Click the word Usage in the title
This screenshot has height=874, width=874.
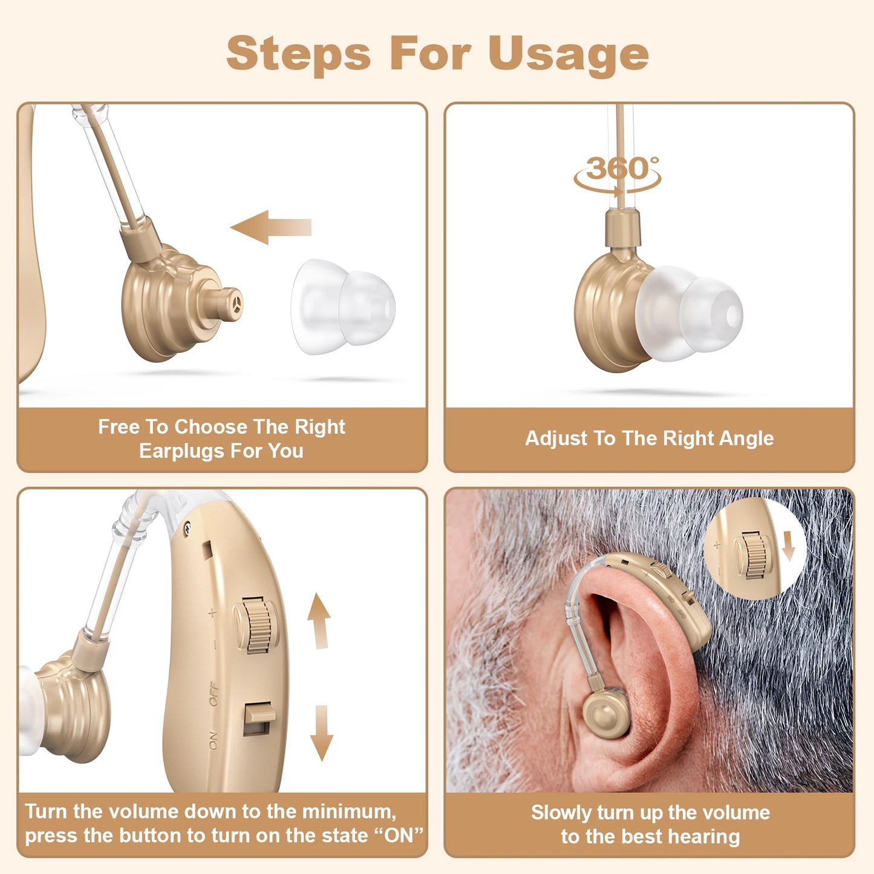pyautogui.click(x=568, y=54)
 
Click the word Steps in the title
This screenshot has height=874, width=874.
pyautogui.click(x=298, y=53)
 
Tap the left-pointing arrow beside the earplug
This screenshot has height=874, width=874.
pyautogui.click(x=270, y=227)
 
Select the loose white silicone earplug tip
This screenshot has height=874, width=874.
pyautogui.click(x=342, y=307)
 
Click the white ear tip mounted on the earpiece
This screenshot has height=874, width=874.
pyautogui.click(x=690, y=313)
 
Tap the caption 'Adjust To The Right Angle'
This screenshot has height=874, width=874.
pyautogui.click(x=649, y=438)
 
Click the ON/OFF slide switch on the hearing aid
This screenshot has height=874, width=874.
pyautogui.click(x=258, y=718)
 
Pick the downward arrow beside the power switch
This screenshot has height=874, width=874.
pyautogui.click(x=321, y=732)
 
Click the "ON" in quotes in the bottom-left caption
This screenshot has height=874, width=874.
pyautogui.click(x=399, y=836)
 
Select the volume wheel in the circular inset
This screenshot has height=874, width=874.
pyautogui.click(x=752, y=555)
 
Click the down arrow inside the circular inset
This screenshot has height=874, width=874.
pyautogui.click(x=788, y=546)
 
